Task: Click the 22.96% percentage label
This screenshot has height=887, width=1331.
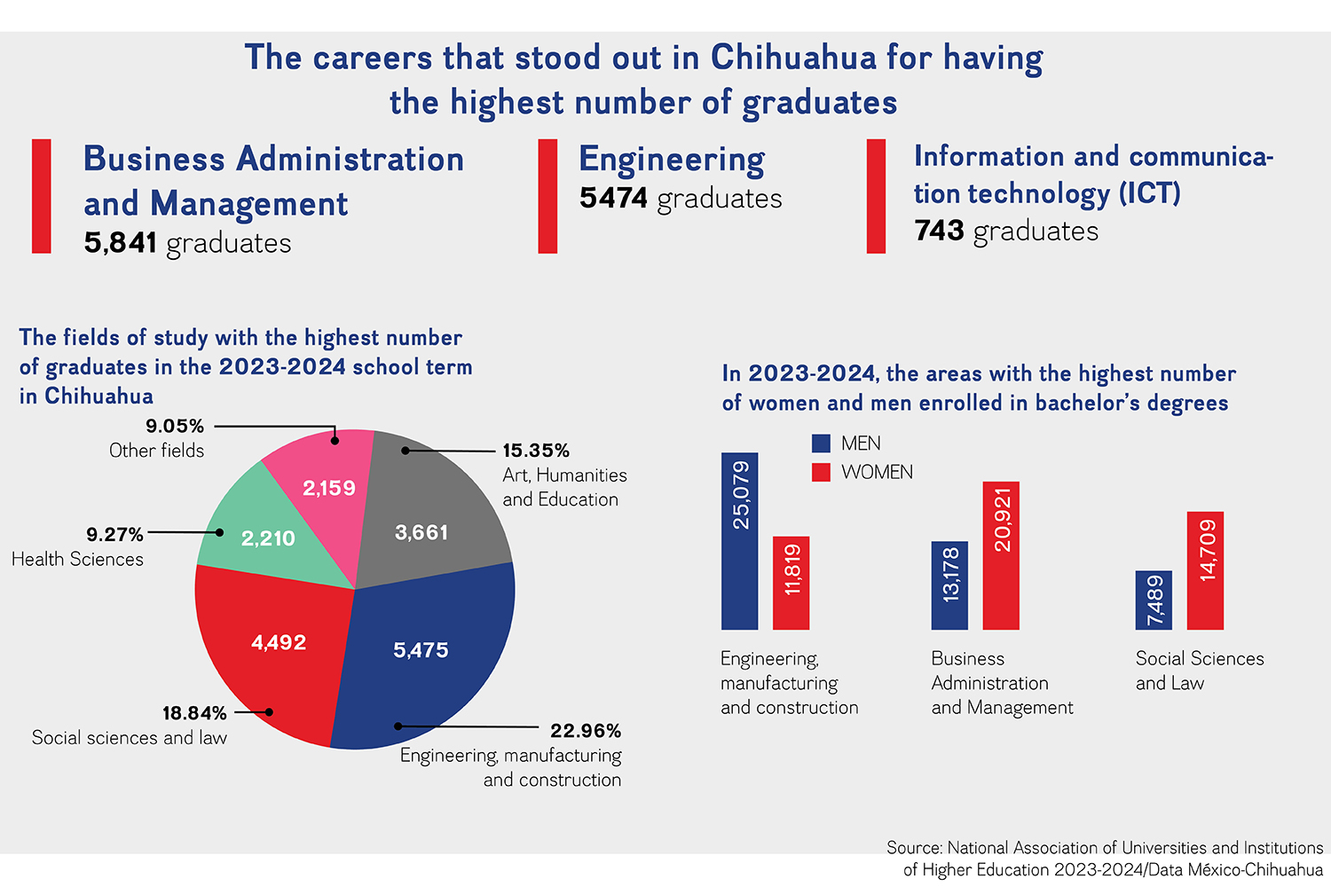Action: (x=586, y=731)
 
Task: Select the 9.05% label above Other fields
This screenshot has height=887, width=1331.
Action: (x=175, y=426)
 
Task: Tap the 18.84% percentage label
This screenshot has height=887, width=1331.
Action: (x=194, y=713)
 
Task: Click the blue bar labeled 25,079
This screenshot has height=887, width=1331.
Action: (x=740, y=541)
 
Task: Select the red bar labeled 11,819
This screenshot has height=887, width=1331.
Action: (x=791, y=583)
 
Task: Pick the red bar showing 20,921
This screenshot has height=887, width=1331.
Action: (x=1001, y=555)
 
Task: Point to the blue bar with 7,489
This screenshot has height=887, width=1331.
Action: (x=1154, y=600)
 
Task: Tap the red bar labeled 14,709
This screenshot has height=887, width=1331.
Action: (x=1206, y=570)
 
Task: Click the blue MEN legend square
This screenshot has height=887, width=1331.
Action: (x=821, y=443)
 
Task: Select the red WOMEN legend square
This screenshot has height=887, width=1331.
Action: (x=821, y=472)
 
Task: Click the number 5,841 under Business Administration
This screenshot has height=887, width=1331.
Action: (x=120, y=242)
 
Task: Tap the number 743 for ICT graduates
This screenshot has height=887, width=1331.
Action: (x=939, y=231)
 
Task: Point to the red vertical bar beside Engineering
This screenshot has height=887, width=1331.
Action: (x=547, y=196)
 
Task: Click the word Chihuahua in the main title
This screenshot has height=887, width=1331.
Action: (x=793, y=58)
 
